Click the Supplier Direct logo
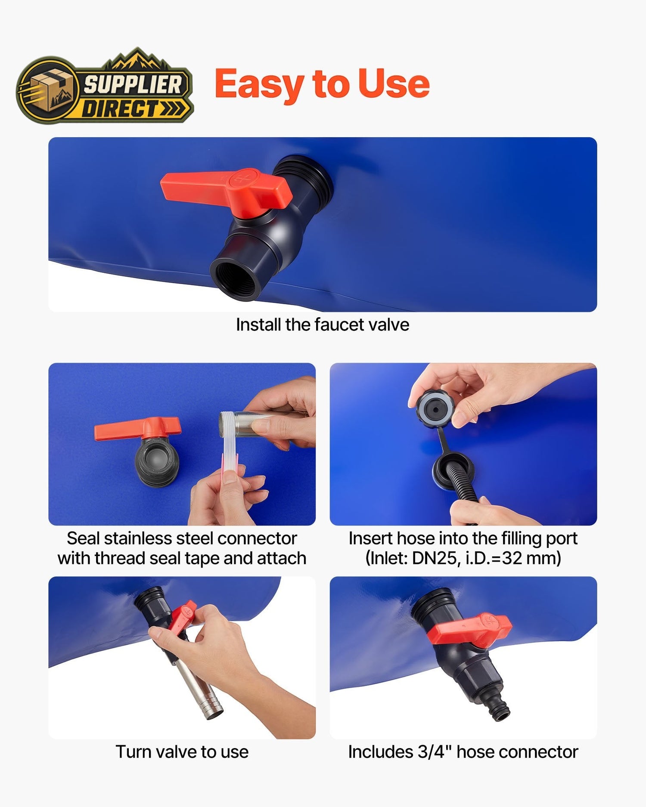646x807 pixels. (x=105, y=86)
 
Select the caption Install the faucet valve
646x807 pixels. (x=323, y=325)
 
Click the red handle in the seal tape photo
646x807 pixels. (x=138, y=428)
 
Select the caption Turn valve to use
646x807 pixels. (x=182, y=752)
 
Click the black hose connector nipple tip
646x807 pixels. (x=501, y=712)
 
